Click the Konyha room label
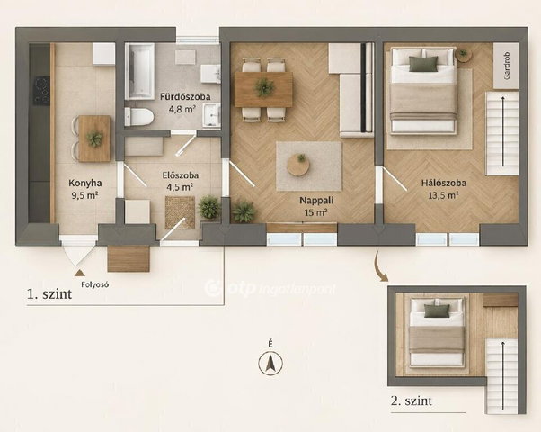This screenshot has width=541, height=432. (x=84, y=183)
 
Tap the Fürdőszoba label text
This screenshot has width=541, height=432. (x=185, y=97)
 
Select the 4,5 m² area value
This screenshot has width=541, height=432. (x=180, y=187)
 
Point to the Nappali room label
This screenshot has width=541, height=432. (x=316, y=200)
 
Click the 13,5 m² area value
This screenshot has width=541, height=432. (x=443, y=195)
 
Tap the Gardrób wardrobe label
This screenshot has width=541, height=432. (x=506, y=67)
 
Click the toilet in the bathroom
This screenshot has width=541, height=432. (x=138, y=116)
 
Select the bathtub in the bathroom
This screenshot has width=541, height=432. (x=139, y=71)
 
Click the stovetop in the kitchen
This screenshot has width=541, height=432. (x=41, y=91)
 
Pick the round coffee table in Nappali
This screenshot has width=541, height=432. (x=298, y=166)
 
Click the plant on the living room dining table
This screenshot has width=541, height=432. (x=264, y=86)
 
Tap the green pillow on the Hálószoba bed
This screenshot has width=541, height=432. (x=423, y=64)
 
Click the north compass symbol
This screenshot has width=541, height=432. (x=270, y=363)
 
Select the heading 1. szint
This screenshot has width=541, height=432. (x=49, y=294)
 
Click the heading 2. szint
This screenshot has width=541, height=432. (x=412, y=400)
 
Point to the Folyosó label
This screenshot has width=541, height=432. (x=95, y=284)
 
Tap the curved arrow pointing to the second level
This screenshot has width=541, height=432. (x=380, y=266)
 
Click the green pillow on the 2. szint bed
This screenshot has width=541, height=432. (x=437, y=310)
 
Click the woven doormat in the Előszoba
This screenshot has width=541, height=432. (x=180, y=213)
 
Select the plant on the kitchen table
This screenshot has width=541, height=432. (x=94, y=139)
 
